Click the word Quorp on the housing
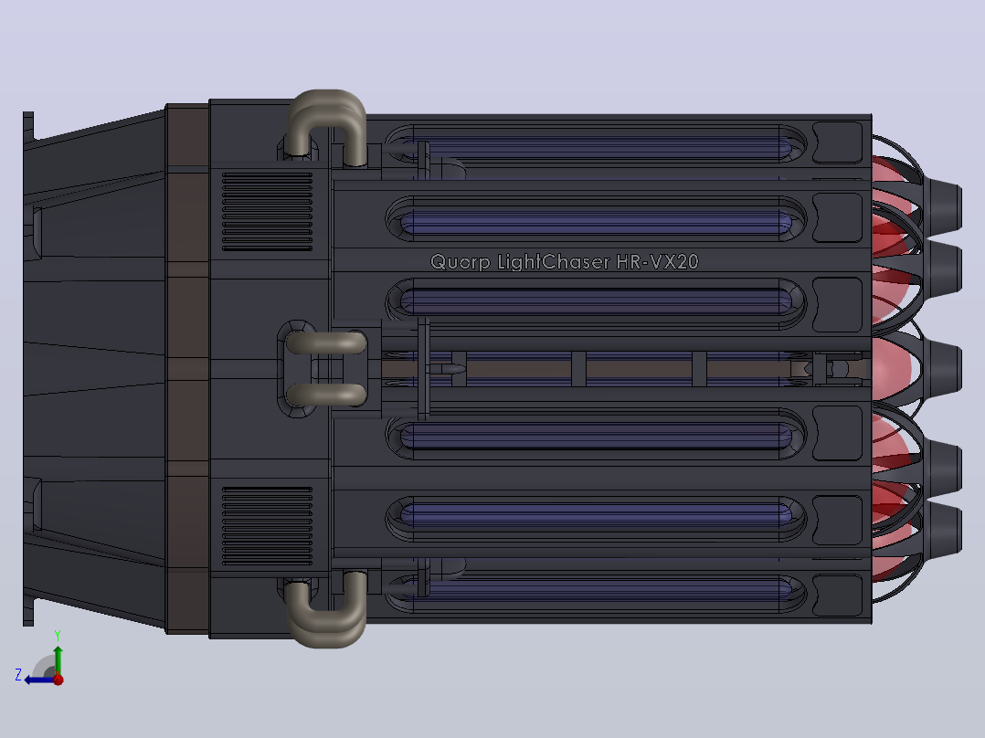(x=460, y=262)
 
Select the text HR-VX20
(x=657, y=261)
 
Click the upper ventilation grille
(x=267, y=212)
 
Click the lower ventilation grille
(x=267, y=526)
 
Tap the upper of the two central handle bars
(x=326, y=343)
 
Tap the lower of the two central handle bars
(x=326, y=395)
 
